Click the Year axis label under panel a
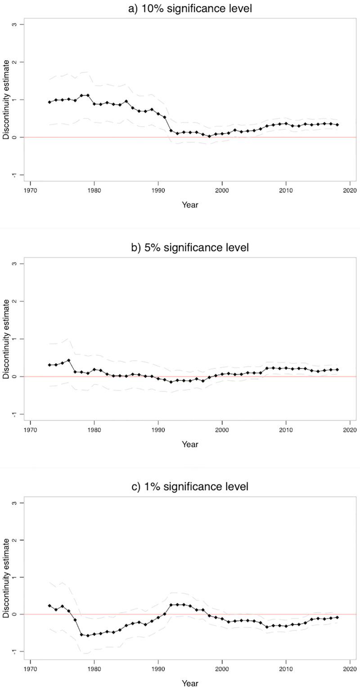pos(190,205)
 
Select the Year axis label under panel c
pos(190,683)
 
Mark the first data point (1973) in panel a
pos(49,102)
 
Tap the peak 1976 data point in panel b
pos(68,360)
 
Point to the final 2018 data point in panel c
pos(337,618)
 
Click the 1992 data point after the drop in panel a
pos(171,131)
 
